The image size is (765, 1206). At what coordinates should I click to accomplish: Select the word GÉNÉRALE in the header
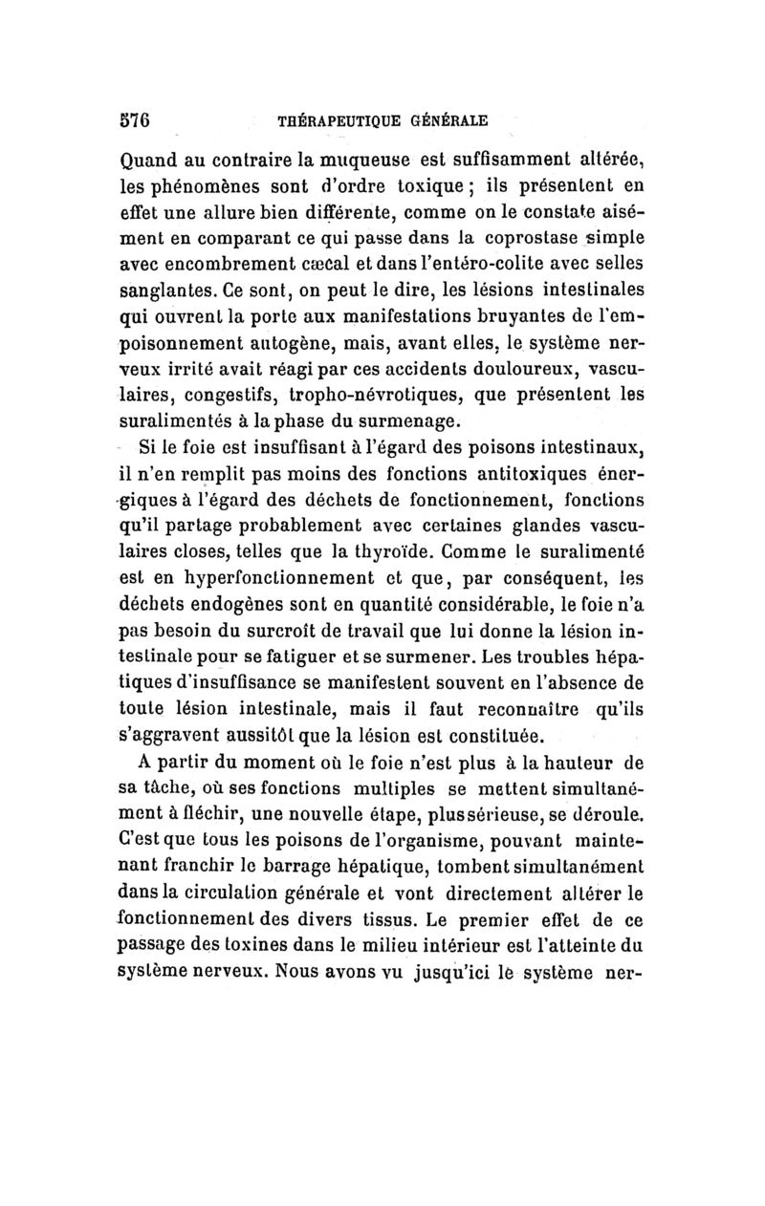[x=449, y=122]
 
